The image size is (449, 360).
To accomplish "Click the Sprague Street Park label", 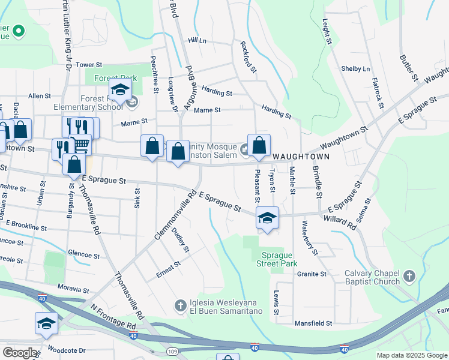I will (x=277, y=259).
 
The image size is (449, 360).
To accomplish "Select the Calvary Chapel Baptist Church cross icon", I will (x=409, y=276).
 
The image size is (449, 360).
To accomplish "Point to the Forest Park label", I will (x=115, y=78).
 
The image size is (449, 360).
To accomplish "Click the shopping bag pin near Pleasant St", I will (x=259, y=146).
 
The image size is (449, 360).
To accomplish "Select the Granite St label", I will (x=311, y=274).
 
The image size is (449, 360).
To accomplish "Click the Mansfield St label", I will (x=313, y=323).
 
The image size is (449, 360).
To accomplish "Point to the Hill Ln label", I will (x=196, y=40).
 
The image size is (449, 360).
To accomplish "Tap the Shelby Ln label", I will (x=355, y=68).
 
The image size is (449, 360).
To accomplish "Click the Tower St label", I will (x=89, y=64).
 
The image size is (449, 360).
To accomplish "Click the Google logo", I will (x=20, y=353).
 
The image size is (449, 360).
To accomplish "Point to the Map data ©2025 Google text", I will (x=411, y=355).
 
